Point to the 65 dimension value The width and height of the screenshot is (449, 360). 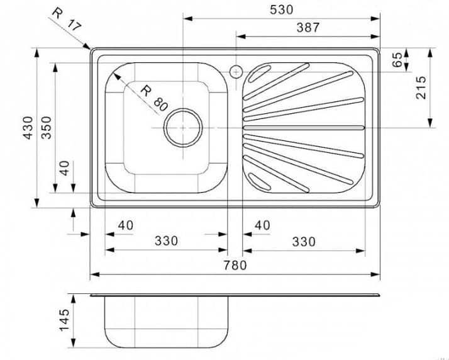pyautogui.click(x=397, y=60)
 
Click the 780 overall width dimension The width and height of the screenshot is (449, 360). pyautogui.click(x=235, y=265)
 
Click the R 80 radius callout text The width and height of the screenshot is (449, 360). pyautogui.click(x=154, y=98)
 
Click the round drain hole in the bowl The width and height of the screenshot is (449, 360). pyautogui.click(x=183, y=127)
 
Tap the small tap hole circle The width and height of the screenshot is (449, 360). pyautogui.click(x=236, y=70)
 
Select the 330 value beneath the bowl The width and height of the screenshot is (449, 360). pyautogui.click(x=166, y=241)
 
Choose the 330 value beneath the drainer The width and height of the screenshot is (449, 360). pyautogui.click(x=304, y=241)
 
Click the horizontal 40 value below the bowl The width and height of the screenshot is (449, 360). pyautogui.click(x=126, y=225)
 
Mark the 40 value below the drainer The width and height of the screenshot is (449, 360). pyautogui.click(x=262, y=225)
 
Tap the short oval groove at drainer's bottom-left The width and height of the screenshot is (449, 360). pyautogui.click(x=257, y=181)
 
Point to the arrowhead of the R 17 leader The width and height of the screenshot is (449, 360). pyautogui.click(x=89, y=47)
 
